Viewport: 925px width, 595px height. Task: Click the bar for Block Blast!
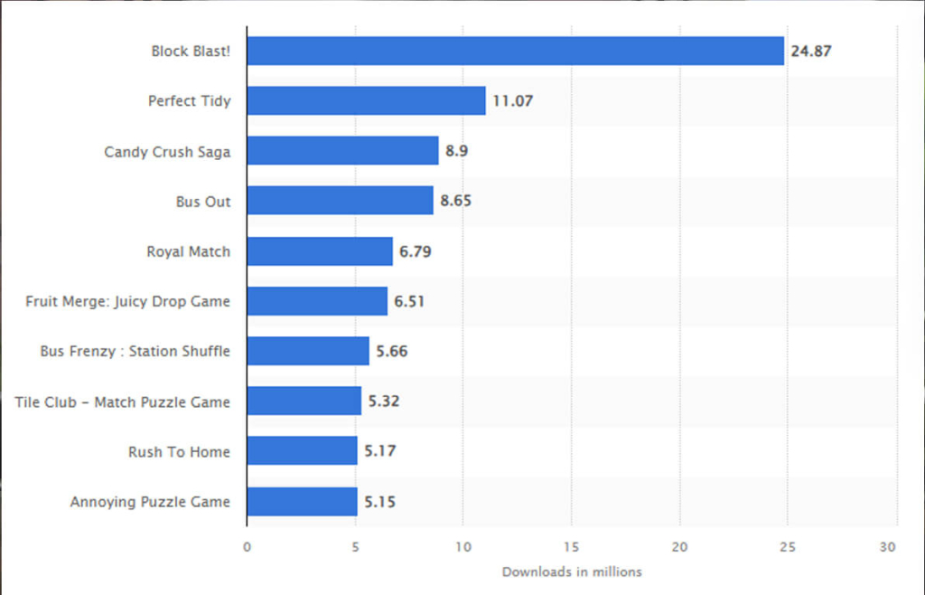coord(515,51)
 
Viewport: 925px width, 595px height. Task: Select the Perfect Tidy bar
coord(366,100)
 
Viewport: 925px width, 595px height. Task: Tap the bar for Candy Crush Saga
coord(342,151)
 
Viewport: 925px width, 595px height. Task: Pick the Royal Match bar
coord(320,250)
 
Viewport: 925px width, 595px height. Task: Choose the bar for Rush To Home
coord(302,450)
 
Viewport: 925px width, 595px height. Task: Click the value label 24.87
coord(811,52)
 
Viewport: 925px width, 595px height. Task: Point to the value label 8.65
coord(455,201)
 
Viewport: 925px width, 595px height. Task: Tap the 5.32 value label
coord(383,401)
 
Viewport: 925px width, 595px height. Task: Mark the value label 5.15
coord(379,501)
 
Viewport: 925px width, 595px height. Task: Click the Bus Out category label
coord(203,202)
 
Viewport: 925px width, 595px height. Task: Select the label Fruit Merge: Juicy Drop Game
coord(127,301)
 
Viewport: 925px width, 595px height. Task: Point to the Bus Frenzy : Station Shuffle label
coord(135,351)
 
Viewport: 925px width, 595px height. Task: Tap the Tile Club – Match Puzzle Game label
coord(122,401)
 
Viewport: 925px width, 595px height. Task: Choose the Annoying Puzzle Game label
coord(150,501)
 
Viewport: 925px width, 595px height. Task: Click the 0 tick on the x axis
coord(247,546)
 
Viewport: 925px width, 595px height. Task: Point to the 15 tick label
coord(571,546)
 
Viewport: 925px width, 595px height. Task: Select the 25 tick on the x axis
coord(788,546)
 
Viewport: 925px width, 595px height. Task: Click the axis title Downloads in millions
coord(572,571)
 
